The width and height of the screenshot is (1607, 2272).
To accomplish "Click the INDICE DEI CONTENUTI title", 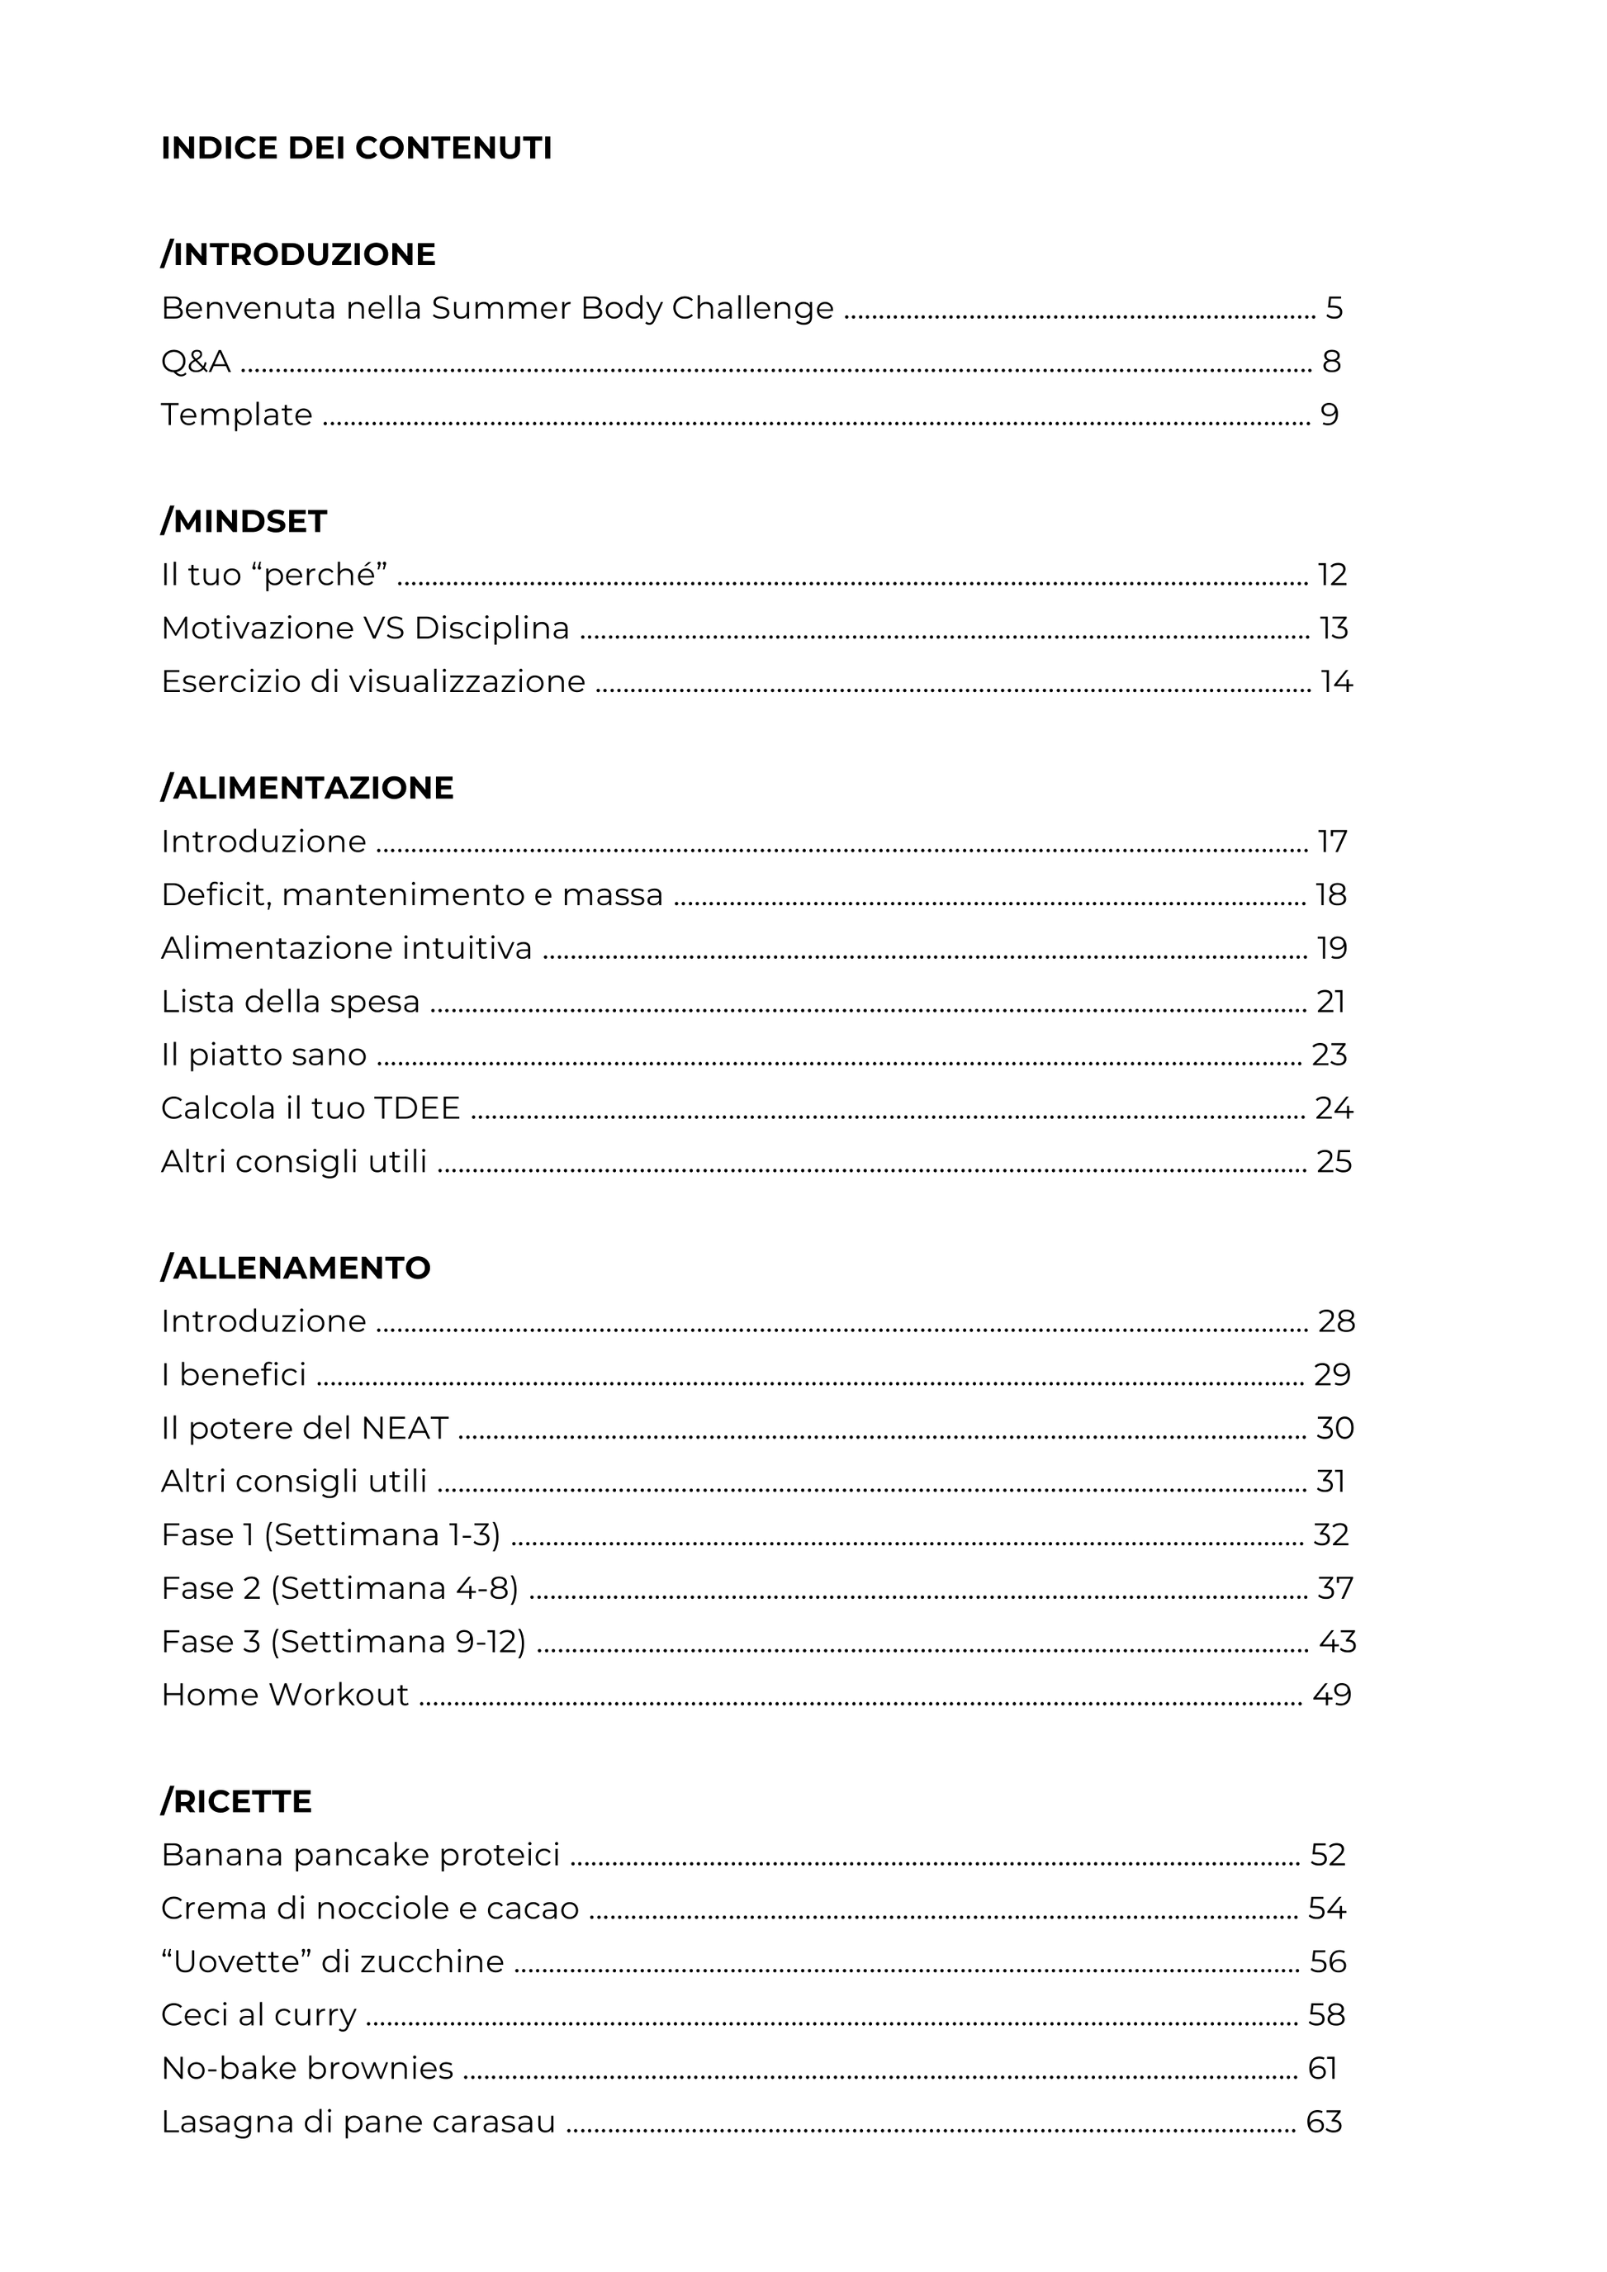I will (x=356, y=149).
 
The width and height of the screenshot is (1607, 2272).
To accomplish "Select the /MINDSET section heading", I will (x=244, y=521).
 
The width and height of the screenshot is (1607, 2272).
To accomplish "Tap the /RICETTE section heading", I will (x=236, y=1801).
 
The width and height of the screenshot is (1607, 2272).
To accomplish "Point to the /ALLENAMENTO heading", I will (x=296, y=1268).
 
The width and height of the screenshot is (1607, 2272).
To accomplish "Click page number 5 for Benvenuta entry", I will (x=1334, y=309).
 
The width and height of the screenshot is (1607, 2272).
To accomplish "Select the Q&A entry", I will (x=196, y=363).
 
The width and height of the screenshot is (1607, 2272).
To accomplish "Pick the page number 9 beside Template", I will (x=1330, y=415).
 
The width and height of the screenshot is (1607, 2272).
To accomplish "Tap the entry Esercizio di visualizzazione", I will (x=373, y=682).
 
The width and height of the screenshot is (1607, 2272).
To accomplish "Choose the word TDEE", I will (x=416, y=1108).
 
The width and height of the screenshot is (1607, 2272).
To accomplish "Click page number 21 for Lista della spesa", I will (x=1331, y=1003).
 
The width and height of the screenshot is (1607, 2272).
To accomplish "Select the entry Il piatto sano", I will (x=263, y=1055).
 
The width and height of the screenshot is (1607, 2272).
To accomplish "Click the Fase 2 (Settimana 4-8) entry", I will (x=339, y=1588).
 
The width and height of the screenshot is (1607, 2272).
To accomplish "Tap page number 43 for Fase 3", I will (x=1337, y=1642).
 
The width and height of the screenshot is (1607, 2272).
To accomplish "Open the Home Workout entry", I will (x=285, y=1695).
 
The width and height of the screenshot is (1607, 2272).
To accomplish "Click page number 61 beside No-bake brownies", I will (x=1322, y=2068).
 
